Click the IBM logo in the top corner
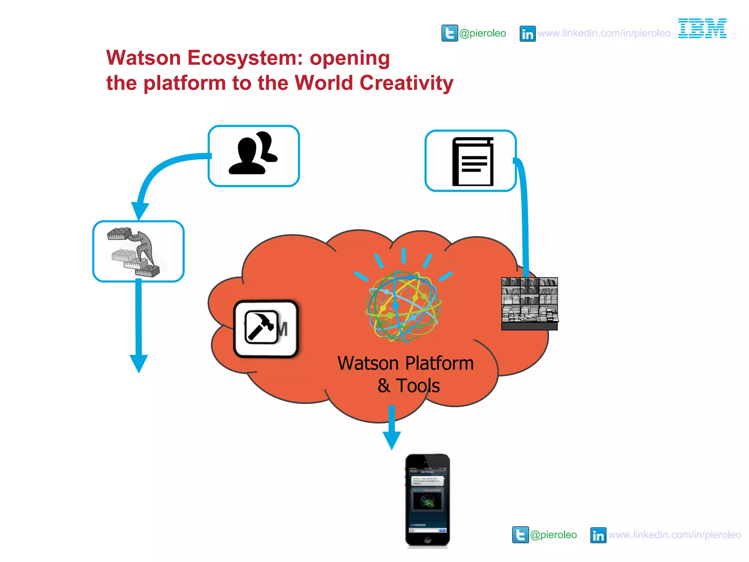pos(702,29)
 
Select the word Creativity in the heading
pos(406,83)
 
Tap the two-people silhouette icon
pos(253,154)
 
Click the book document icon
pos(473,161)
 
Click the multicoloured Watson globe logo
pos(403,306)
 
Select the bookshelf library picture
pos(530,304)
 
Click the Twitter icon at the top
pos(449,33)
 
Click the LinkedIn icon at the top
pos(527,34)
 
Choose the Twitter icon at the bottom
pos(520,535)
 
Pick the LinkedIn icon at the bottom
pos(598,535)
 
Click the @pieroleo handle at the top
pos(482,33)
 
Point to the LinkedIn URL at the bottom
pos(675,535)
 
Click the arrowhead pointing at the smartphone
pos(392,440)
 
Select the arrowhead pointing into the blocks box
pos(140,210)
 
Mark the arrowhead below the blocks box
pos(139,363)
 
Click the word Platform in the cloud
pos(440,364)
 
